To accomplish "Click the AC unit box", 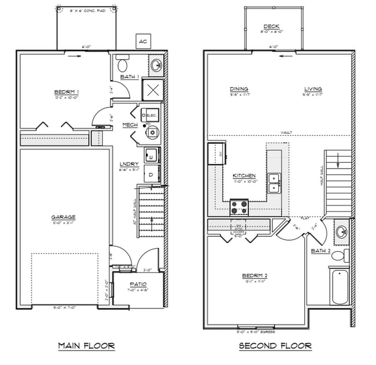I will [142, 41].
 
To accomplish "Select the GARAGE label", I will [67, 217].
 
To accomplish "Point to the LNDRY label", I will [128, 164].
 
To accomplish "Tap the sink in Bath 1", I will [156, 66].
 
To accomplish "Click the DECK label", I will [271, 27].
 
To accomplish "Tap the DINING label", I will [238, 89].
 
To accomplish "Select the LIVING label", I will [313, 89].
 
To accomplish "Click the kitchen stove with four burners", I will [239, 206].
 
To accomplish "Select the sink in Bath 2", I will [341, 232].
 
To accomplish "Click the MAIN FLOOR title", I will [86, 346].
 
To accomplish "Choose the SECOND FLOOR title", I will [276, 346].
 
